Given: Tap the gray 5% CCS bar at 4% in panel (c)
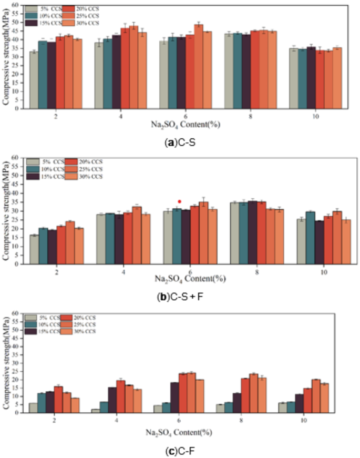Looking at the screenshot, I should pos(95,411).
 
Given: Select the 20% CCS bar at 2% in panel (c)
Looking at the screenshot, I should pos(58,400).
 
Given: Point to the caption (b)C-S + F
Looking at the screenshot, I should pos(180,297).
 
